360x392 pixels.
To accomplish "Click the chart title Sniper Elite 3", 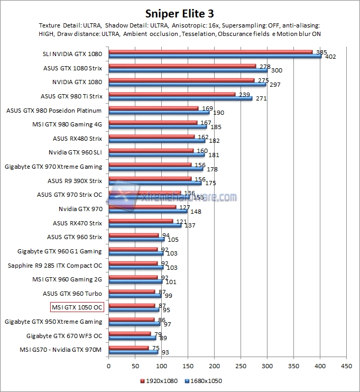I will point(180,13).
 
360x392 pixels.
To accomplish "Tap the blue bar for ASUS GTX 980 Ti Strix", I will point(180,98).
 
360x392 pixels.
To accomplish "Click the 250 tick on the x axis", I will point(241,365).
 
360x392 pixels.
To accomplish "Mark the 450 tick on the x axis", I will point(346,365).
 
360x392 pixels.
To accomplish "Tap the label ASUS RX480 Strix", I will point(77,139).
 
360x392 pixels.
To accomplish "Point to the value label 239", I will point(245,94).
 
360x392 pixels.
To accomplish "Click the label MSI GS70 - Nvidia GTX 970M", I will point(61,349).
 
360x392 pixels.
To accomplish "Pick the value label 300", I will point(276,70).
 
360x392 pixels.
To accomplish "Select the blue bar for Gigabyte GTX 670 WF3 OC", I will point(132,337).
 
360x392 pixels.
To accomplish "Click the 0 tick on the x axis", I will point(108,365).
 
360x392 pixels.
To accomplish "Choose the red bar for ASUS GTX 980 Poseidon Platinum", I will point(153,108).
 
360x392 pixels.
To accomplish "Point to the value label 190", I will point(218,113).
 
